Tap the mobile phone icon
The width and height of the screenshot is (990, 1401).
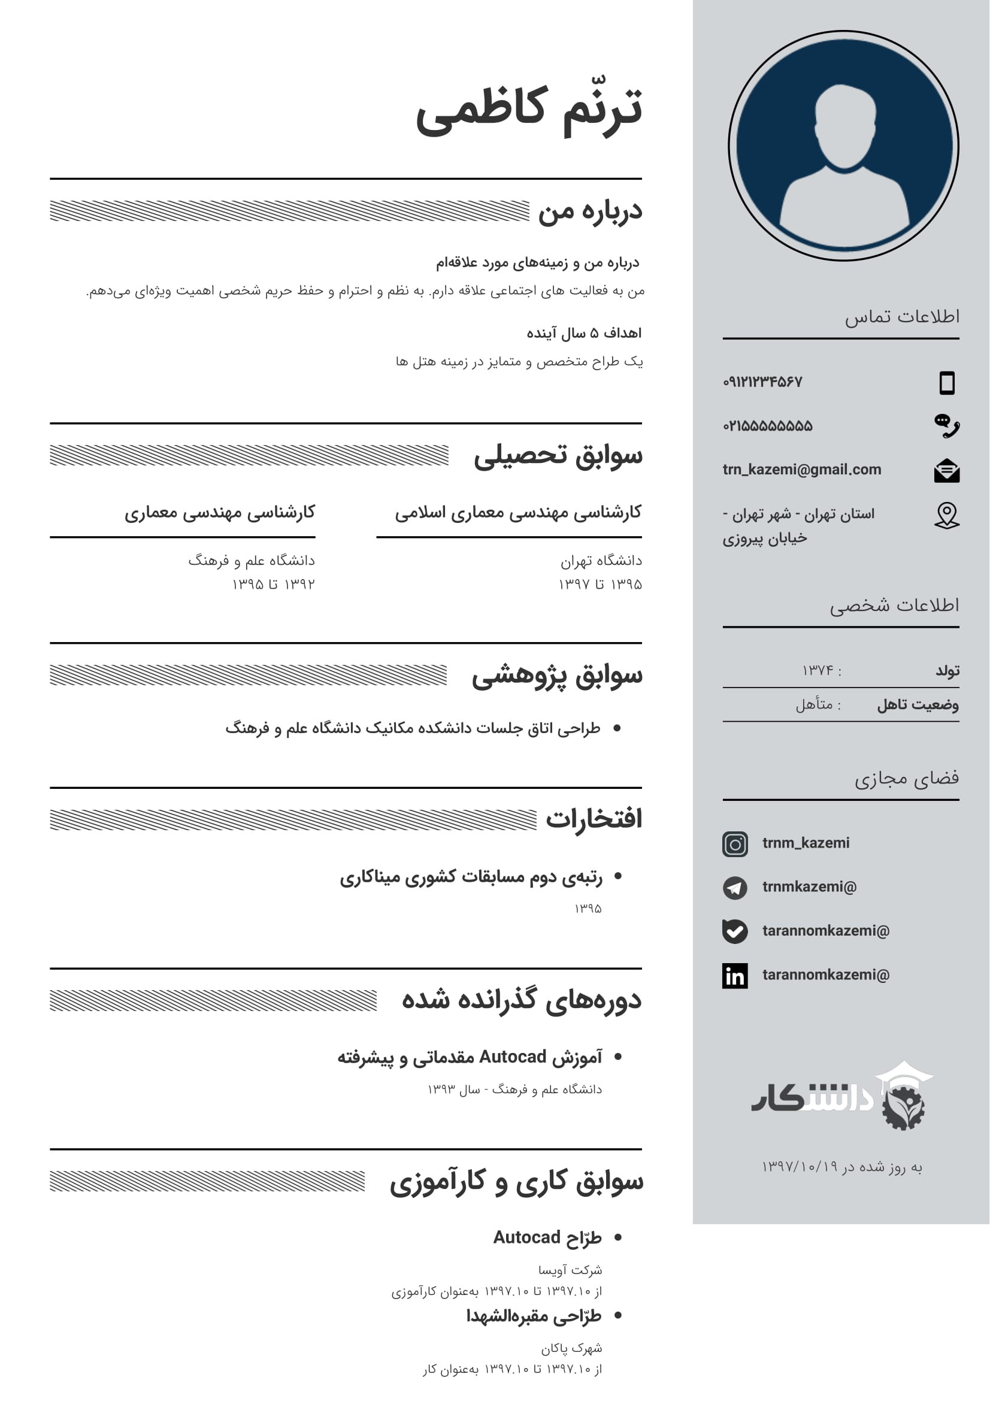click(x=947, y=383)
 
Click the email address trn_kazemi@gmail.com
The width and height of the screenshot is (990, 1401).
click(x=801, y=469)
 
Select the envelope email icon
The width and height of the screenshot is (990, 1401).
click(x=947, y=470)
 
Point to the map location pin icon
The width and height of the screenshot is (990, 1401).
click(x=947, y=516)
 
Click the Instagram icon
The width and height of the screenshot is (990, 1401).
click(x=735, y=844)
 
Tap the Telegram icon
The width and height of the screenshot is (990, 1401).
click(x=735, y=888)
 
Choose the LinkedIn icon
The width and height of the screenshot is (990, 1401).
click(x=735, y=976)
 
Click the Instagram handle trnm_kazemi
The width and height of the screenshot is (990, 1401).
click(x=806, y=843)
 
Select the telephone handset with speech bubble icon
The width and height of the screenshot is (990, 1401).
click(x=947, y=425)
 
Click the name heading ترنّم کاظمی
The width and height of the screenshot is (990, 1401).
click(x=529, y=110)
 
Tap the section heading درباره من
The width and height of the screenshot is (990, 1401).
click(x=590, y=211)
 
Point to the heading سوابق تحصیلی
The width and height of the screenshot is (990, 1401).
click(x=558, y=456)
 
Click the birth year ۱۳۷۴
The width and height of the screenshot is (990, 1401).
click(x=818, y=671)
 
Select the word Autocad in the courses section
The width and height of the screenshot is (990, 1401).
click(x=513, y=1056)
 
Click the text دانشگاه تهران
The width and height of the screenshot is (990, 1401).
click(x=601, y=560)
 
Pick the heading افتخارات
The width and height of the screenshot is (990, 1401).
click(x=594, y=819)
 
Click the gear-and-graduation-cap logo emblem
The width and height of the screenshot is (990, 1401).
click(x=904, y=1099)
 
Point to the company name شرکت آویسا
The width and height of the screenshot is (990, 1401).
click(x=570, y=1270)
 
